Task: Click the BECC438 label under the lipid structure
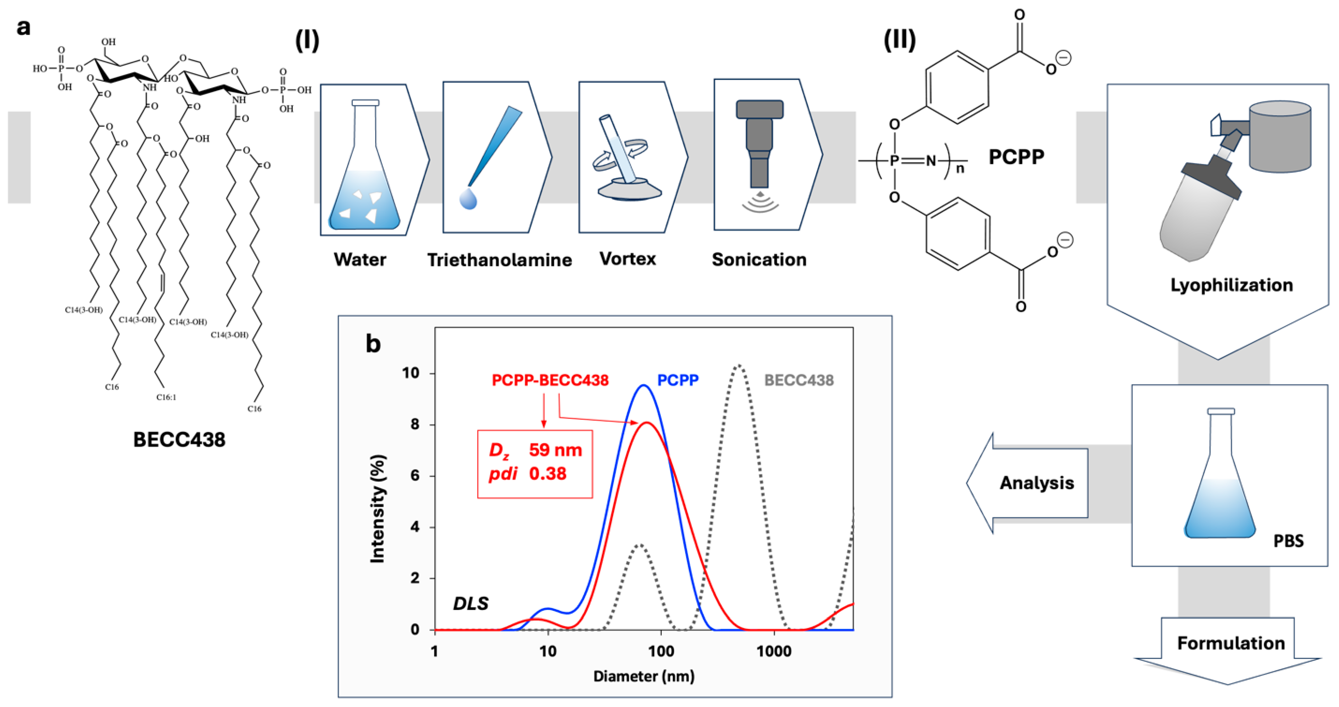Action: coord(179,440)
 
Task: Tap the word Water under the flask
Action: coord(360,260)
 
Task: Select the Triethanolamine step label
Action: coord(500,260)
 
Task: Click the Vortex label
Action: coord(627,258)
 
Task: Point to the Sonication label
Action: coord(759,260)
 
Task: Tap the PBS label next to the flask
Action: coord(1288,541)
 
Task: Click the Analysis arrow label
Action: coord(1036,483)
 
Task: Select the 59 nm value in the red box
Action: coord(555,450)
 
